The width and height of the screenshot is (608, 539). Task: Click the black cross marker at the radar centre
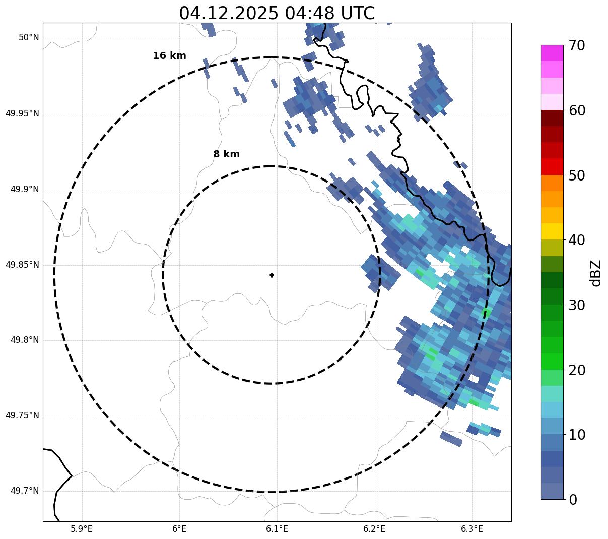[272, 275]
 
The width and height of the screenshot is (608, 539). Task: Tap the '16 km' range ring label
[169, 56]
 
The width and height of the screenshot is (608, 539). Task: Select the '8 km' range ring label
[226, 154]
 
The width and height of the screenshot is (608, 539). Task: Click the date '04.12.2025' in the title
[228, 14]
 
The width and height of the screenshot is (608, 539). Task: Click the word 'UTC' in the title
[357, 14]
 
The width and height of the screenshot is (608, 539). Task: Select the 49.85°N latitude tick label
[22, 265]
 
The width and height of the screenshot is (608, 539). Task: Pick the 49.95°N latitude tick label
[22, 113]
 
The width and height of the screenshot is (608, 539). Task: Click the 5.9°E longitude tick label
[82, 529]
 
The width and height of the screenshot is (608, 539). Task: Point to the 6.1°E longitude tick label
[277, 529]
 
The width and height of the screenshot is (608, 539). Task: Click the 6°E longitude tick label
[179, 529]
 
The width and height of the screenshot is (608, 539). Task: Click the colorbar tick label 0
[573, 500]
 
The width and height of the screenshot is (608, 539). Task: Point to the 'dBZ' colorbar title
[596, 273]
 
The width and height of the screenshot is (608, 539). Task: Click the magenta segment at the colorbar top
[552, 53]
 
